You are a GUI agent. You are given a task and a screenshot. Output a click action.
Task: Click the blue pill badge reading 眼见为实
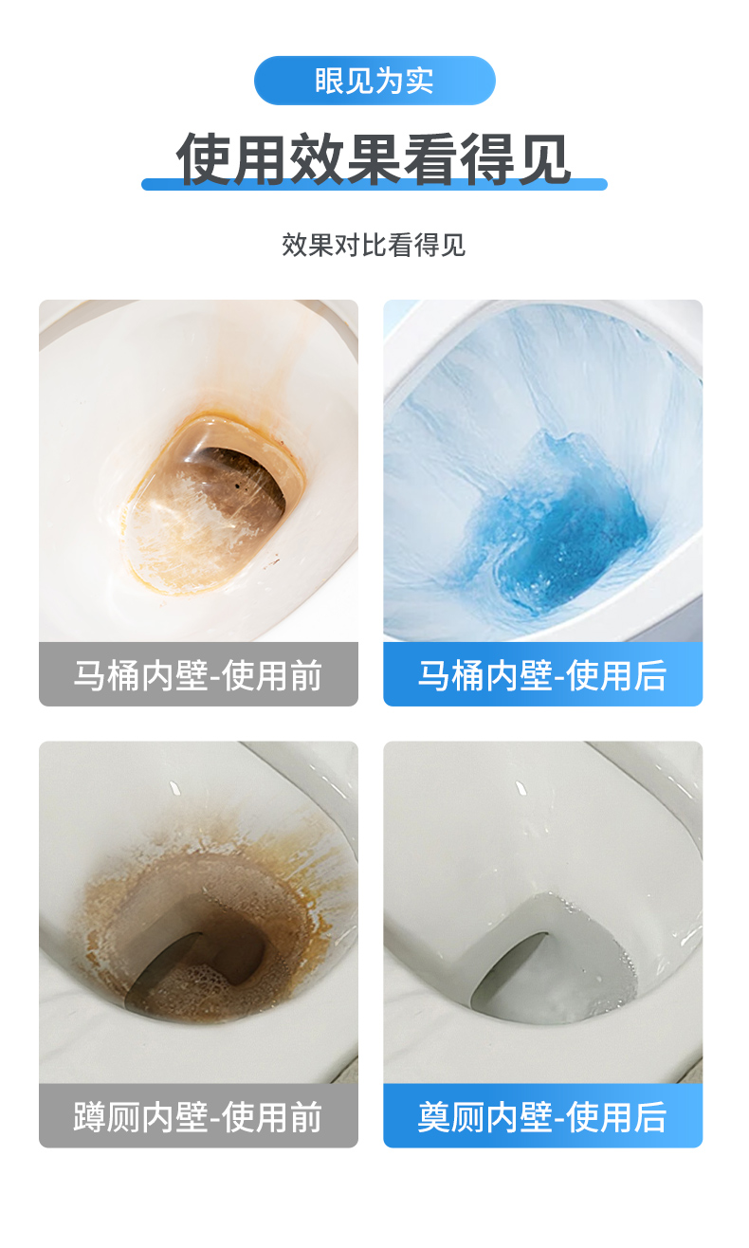coord(374,81)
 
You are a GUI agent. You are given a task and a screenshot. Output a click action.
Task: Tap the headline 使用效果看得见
coord(374,158)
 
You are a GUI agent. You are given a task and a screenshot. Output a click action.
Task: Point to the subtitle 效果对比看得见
coord(374,245)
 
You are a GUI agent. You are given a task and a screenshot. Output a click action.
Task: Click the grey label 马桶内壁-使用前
coord(198,674)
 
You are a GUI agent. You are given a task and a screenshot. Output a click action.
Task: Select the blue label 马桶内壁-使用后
coord(543,674)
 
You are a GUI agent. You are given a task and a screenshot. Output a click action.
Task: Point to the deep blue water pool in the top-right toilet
coord(562,529)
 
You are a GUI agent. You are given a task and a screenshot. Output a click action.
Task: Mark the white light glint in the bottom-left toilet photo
coord(174,788)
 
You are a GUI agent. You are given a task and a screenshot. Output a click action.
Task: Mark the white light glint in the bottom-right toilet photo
coord(521,788)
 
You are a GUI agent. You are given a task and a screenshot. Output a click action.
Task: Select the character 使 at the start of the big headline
coord(203,158)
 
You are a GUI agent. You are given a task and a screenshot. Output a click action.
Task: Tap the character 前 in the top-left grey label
coord(305,674)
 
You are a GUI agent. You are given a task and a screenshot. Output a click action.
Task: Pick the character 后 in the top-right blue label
coord(649,674)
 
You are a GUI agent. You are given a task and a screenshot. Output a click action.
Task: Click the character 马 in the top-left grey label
coord(90,674)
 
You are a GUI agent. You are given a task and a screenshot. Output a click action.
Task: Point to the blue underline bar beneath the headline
coord(374,184)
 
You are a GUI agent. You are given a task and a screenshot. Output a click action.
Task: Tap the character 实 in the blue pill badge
coord(419,81)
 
